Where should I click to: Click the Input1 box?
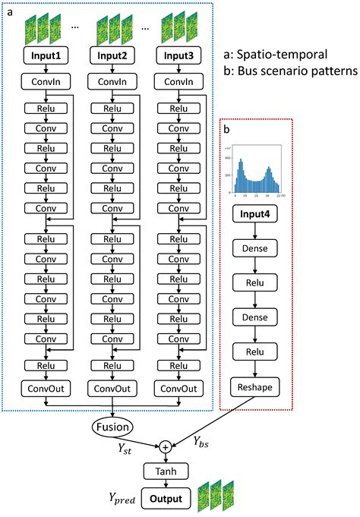click(46, 56)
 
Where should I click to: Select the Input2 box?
click(112, 56)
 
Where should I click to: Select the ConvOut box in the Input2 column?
click(112, 389)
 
